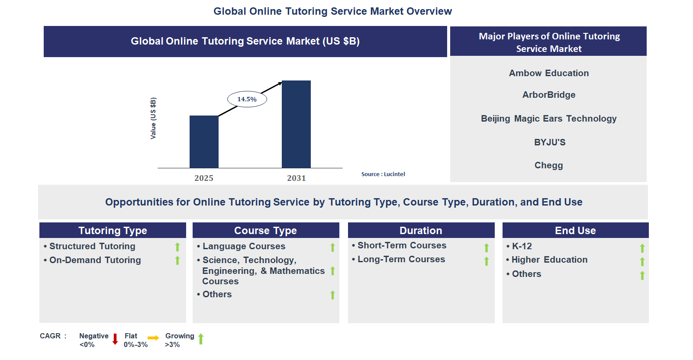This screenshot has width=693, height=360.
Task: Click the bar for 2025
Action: [204, 141]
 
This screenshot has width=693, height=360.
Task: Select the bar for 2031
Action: [296, 124]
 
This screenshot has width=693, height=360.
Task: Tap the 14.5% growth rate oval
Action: [247, 99]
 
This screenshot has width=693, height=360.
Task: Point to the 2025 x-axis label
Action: [203, 178]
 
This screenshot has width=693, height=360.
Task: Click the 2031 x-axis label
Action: [296, 178]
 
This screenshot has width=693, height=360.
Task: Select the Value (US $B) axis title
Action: [153, 118]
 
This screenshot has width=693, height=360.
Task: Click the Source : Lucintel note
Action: [383, 174]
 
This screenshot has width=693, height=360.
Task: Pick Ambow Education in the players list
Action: [549, 73]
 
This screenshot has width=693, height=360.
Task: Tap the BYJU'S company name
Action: [550, 142]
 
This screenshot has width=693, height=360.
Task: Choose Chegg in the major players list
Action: [549, 165]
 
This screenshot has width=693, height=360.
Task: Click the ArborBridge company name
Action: [549, 95]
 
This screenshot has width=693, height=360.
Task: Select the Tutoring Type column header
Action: [113, 231]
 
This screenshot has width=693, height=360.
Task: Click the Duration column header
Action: [421, 231]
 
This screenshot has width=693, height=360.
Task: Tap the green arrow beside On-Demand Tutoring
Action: [177, 260]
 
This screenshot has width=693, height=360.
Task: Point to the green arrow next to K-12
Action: [642, 248]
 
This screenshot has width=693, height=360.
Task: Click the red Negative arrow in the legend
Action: [115, 339]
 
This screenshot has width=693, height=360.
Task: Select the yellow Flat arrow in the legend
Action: [153, 338]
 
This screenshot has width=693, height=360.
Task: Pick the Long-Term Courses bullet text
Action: [401, 259]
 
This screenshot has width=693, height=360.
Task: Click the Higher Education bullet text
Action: [549, 260]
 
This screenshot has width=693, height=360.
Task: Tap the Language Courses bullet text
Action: [244, 246]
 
